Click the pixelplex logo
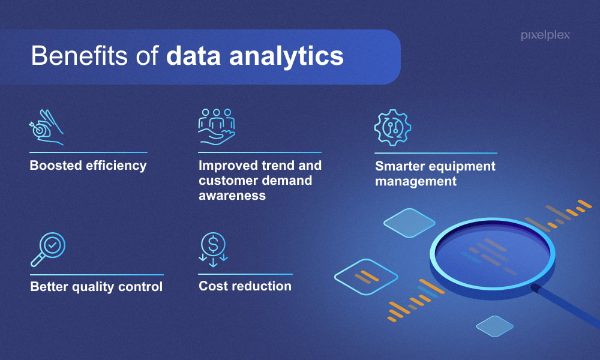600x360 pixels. (x=545, y=35)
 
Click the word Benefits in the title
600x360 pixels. (x=79, y=56)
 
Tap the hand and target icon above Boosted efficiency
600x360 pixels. (x=46, y=127)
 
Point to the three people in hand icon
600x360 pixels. (x=217, y=127)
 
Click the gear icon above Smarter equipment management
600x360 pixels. (x=392, y=127)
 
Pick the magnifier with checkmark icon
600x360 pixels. (x=48, y=250)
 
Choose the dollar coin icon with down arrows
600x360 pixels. (x=213, y=250)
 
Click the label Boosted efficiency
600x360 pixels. (x=88, y=166)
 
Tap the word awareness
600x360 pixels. (x=232, y=196)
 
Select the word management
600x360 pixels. (x=416, y=181)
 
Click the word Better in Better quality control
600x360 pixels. (x=49, y=286)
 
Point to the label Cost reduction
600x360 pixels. (x=245, y=286)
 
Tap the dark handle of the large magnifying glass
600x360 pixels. (x=566, y=305)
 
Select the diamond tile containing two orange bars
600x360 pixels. (x=366, y=277)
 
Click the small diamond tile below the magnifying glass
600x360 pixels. (x=495, y=326)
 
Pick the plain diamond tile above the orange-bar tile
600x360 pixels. (x=409, y=223)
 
